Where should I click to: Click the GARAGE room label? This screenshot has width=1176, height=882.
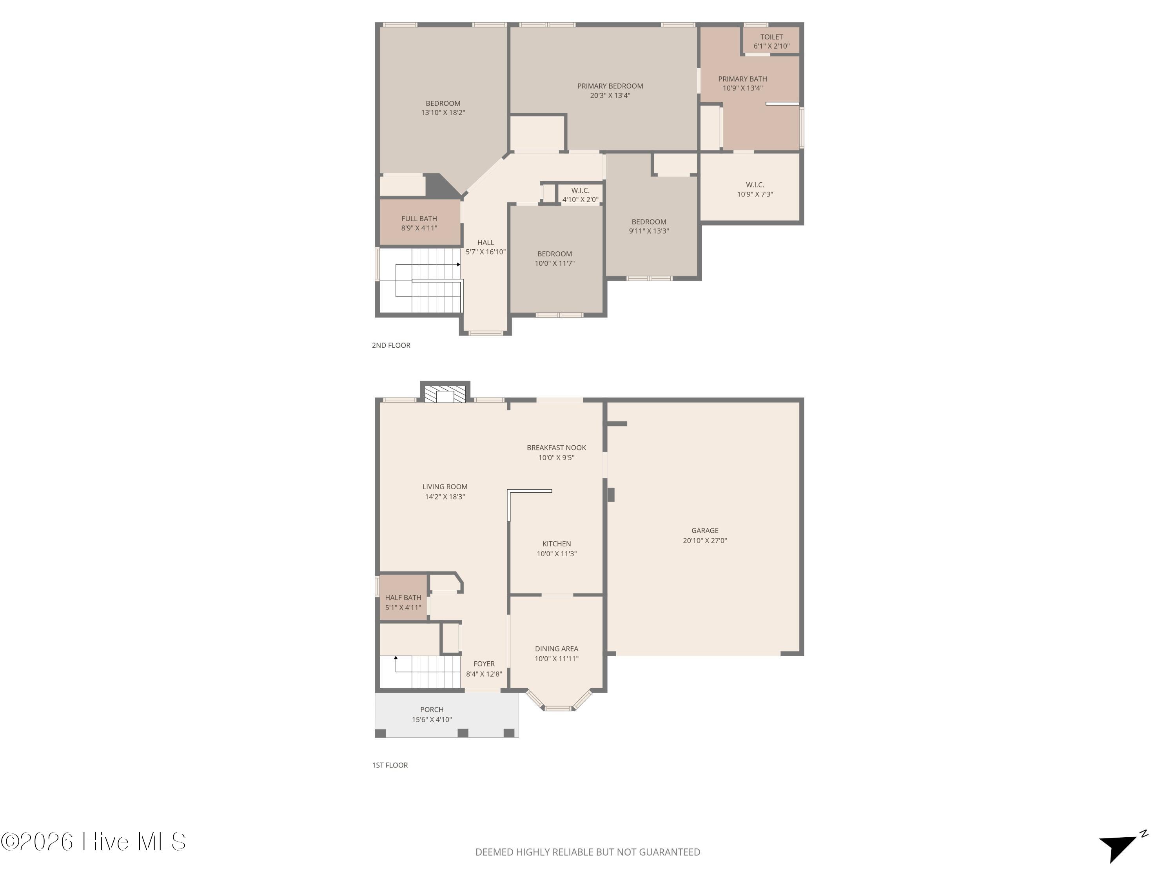(705, 531)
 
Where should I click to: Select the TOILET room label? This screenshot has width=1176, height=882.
(771, 37)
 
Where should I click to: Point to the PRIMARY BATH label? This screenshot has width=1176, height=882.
(743, 79)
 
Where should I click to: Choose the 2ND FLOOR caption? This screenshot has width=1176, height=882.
(391, 345)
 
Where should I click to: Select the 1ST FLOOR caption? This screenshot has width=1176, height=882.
(390, 765)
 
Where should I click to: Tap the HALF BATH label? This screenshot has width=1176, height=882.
(403, 597)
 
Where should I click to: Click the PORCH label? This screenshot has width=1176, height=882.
(432, 710)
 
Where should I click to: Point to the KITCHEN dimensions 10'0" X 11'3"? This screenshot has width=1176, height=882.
(557, 554)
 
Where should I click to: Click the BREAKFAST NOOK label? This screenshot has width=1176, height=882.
(557, 448)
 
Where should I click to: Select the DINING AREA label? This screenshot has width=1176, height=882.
(557, 649)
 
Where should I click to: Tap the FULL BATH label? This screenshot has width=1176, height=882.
(419, 218)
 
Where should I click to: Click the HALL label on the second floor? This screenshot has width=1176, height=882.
(485, 242)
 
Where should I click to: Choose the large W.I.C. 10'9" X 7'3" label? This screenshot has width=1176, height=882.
(755, 189)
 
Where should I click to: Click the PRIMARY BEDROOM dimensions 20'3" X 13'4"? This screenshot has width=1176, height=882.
(610, 96)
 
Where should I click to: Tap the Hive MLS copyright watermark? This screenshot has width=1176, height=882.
(94, 842)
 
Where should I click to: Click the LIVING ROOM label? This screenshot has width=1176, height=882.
(445, 486)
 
